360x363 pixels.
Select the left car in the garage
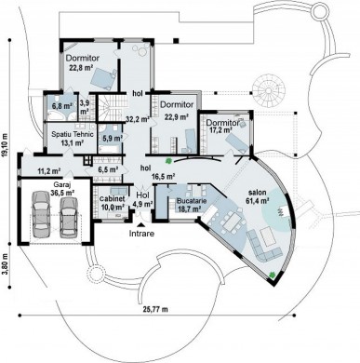[40, 214]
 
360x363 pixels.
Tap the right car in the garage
[68, 218]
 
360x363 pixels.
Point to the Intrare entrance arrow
[141, 225]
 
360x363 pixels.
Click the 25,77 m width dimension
[155, 309]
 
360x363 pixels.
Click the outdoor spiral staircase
[268, 89]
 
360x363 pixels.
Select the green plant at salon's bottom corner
[273, 275]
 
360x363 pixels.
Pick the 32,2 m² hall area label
[138, 118]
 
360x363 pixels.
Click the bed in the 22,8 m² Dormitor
[104, 78]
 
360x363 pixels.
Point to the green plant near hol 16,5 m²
[168, 161]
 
